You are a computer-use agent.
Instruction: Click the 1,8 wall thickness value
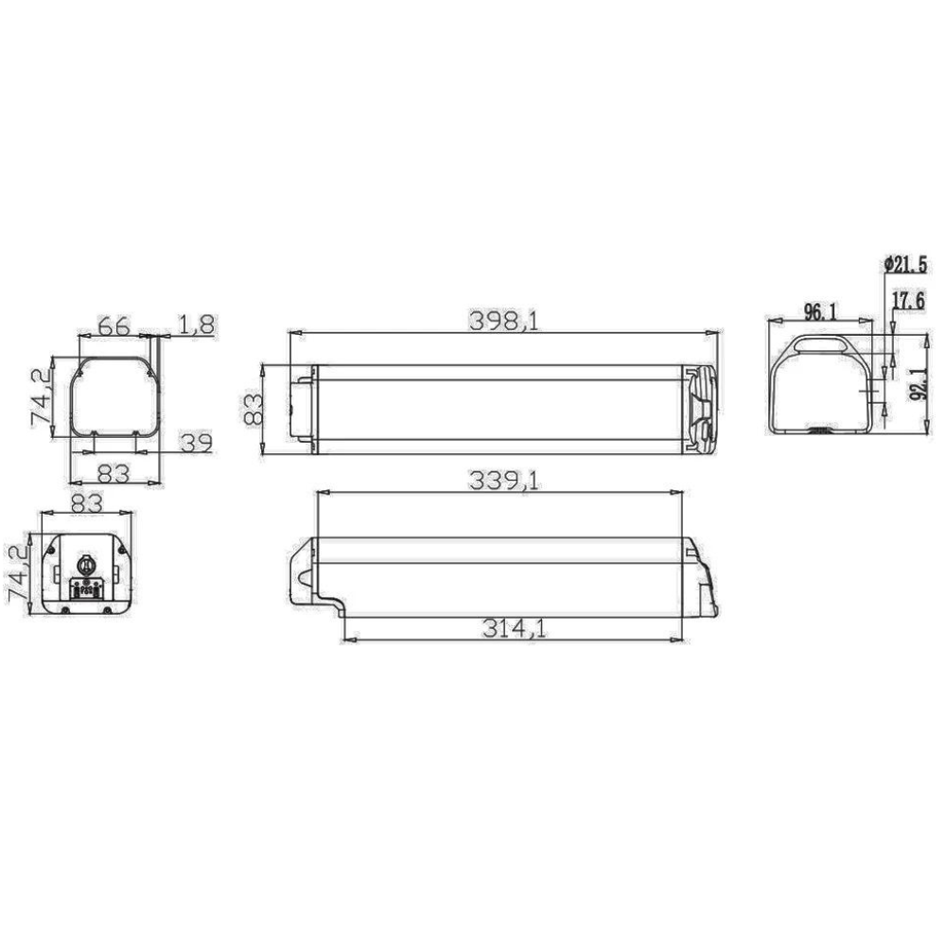(x=197, y=324)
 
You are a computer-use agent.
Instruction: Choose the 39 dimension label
(x=195, y=442)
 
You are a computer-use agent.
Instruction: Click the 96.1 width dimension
(x=818, y=310)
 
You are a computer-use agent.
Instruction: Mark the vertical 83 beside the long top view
(x=253, y=410)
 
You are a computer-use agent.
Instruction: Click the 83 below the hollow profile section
(x=114, y=472)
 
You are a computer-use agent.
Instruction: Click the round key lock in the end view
(x=85, y=566)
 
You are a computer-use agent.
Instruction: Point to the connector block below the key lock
(x=86, y=590)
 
